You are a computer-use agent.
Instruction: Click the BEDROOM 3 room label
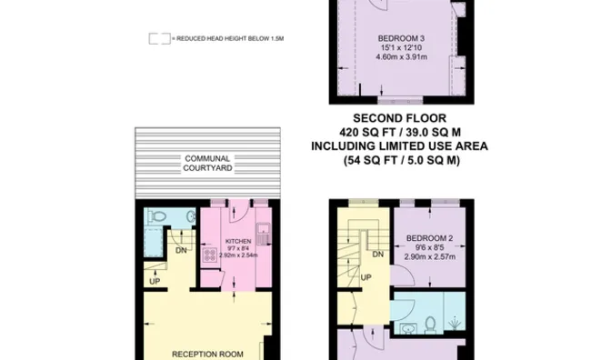[401, 37]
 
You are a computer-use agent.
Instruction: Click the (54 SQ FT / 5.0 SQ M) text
[400, 160]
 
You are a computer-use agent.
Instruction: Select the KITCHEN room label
[237, 242]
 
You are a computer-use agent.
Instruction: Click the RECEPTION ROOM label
[208, 353]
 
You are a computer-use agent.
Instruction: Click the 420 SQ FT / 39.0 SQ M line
[400, 133]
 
